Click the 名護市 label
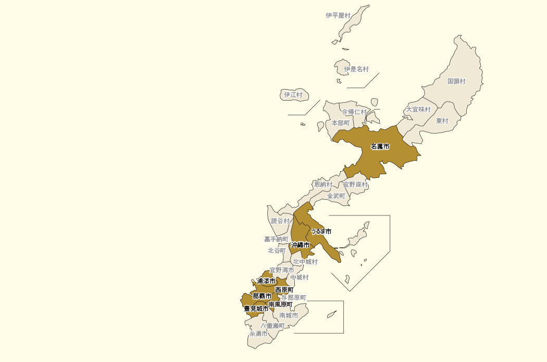pyautogui.click(x=380, y=147)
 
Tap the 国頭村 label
pyautogui.click(x=456, y=81)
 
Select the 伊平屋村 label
pyautogui.click(x=338, y=16)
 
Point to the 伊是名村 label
pyautogui.click(x=356, y=69)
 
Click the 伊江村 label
pyautogui.click(x=293, y=95)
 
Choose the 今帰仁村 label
pyautogui.click(x=354, y=112)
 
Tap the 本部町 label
pyautogui.click(x=341, y=123)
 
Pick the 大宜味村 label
pyautogui.click(x=418, y=110)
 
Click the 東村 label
pyautogui.click(x=442, y=121)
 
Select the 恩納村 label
pyautogui.click(x=323, y=185)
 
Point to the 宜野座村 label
pyautogui.click(x=355, y=185)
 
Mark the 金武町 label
pyautogui.click(x=336, y=196)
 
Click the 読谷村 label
pyautogui.click(x=280, y=221)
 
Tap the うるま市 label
pyautogui.click(x=321, y=231)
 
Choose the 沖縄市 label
pyautogui.click(x=300, y=245)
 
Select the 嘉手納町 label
pyautogui.click(x=276, y=239)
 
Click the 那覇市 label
pyautogui.click(x=262, y=296)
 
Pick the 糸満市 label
pyautogui.click(x=258, y=334)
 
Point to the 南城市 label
pyautogui.click(x=289, y=316)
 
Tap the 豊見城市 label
pyautogui.click(x=256, y=309)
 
